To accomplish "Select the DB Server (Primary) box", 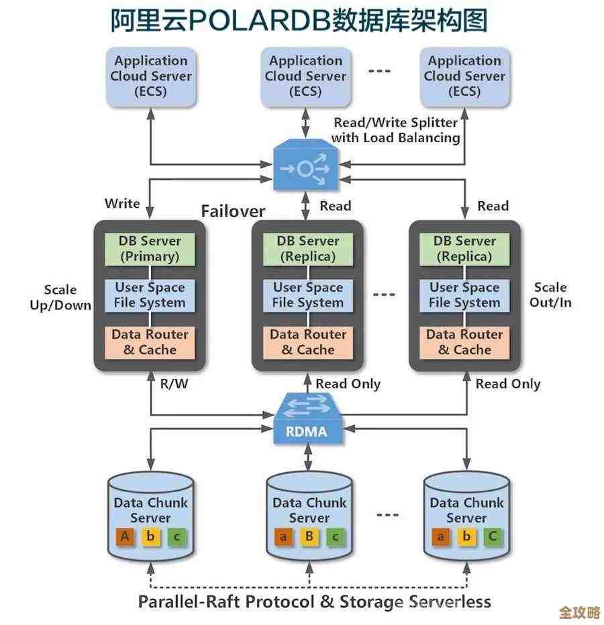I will coord(150,248).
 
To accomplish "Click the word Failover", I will coord(233,211).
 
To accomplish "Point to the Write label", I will coord(122,203).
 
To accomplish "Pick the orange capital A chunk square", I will coord(124,536).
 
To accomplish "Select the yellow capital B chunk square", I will coord(309,536).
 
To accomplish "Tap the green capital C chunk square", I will coord(493,536).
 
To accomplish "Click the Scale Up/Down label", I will coord(60,297).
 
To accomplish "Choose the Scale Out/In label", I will coord(550,295).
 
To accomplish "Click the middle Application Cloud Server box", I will coord(305,76).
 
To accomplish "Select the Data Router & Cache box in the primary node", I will coord(150,342).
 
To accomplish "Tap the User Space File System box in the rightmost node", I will coord(464,295).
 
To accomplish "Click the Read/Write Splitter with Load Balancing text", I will coord(396,130).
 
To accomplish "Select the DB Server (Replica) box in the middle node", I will coord(307,248).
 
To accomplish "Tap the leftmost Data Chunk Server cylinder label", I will coord(150,510).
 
